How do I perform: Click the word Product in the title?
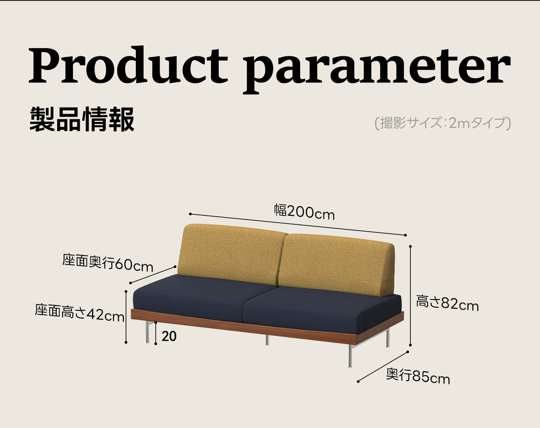128,65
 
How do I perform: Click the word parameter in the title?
377,70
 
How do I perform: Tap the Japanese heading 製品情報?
82,119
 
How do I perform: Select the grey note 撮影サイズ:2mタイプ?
443,123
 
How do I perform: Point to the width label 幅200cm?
304,212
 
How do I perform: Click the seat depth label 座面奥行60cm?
108,263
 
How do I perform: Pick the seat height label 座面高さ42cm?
80,313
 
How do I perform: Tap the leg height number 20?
169,336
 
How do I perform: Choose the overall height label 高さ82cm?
447,303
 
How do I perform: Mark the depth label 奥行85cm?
418,376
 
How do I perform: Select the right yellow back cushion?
337,265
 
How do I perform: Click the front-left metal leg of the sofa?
147,332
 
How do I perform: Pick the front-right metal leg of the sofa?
350,355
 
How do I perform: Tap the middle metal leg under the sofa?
267,340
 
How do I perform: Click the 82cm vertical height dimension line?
410,296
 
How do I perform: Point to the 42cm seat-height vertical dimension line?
126,317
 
